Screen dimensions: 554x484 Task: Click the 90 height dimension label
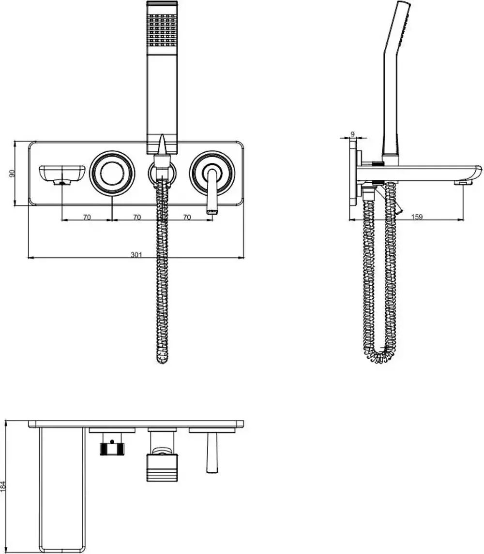click(12, 173)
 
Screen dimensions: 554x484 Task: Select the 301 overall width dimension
click(136, 255)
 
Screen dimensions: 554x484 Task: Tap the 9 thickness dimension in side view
click(352, 134)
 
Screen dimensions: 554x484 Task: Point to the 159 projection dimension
click(416, 217)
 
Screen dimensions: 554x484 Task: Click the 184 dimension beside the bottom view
click(4, 486)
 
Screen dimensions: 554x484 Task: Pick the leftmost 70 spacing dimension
click(87, 218)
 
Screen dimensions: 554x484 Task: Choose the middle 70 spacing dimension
click(137, 218)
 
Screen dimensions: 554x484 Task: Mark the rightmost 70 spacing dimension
click(187, 218)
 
